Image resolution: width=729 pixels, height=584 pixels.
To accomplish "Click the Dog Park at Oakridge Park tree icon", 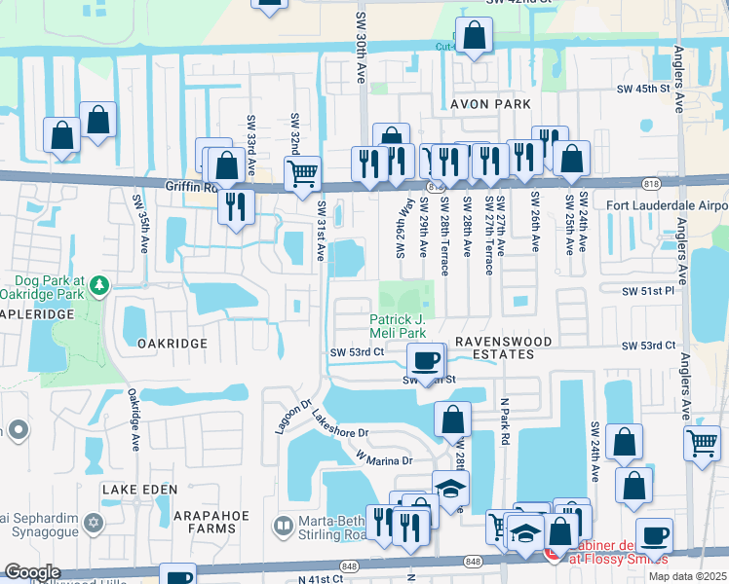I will pyautogui.click(x=99, y=286).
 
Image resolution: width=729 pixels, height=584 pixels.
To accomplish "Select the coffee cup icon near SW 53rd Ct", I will pyautogui.click(x=424, y=361).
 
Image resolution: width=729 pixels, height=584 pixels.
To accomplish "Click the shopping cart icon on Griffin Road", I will pyautogui.click(x=303, y=174).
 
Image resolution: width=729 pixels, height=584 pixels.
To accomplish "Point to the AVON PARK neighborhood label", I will pyautogui.click(x=490, y=104).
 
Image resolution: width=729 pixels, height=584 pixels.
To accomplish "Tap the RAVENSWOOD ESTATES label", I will pyautogui.click(x=503, y=347).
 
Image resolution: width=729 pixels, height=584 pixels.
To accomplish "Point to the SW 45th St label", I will pyautogui.click(x=644, y=89).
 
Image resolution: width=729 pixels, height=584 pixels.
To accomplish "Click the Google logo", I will pyautogui.click(x=32, y=572).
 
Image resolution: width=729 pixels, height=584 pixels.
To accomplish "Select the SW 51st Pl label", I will pyautogui.click(x=650, y=290).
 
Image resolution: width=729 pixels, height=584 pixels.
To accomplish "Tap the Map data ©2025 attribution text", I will pyautogui.click(x=687, y=576).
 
